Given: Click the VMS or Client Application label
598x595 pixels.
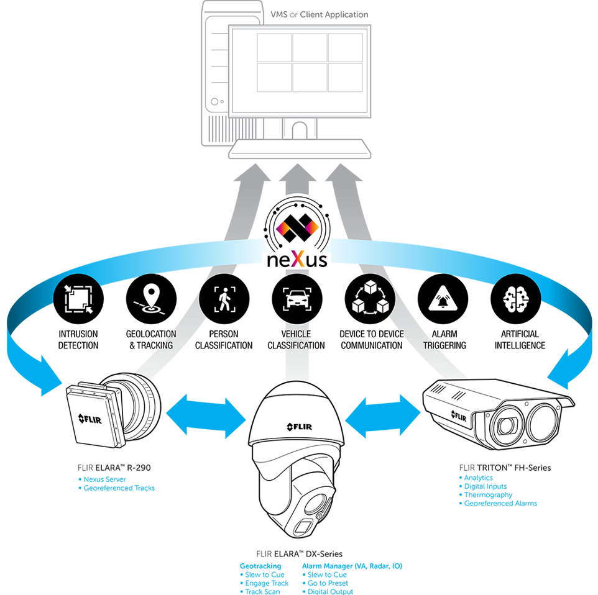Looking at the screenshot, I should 320,14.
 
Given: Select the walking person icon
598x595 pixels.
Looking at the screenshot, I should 221,299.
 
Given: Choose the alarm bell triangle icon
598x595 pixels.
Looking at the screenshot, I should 443,299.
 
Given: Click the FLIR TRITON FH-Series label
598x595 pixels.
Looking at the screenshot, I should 504,467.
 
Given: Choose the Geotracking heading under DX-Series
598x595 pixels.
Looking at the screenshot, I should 260,566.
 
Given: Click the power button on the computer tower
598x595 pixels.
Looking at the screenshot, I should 214,102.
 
